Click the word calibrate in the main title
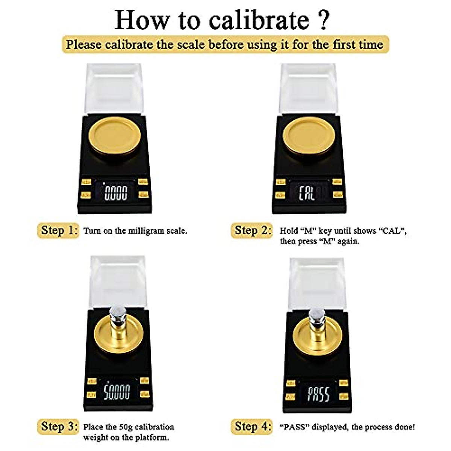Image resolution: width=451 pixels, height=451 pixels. coord(259,20)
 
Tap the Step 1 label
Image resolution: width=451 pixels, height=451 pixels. coord(58,230)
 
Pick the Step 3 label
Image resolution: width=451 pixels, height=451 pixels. coord(58,427)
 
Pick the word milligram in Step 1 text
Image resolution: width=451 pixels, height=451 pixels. coord(142,231)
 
